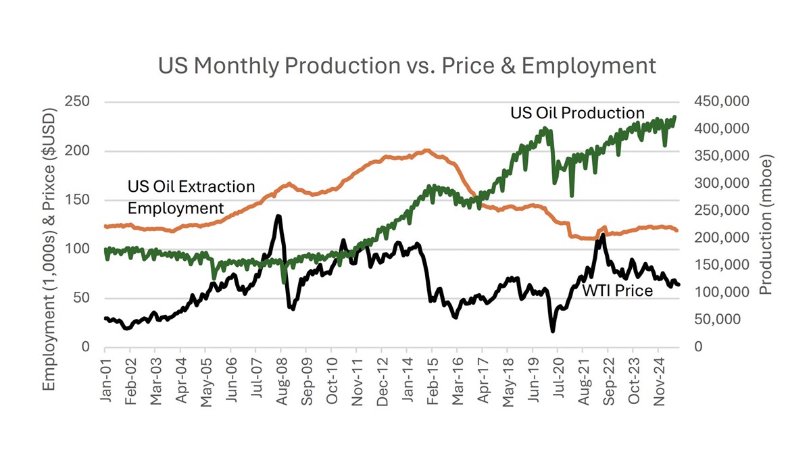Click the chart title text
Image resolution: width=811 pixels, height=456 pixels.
(x=406, y=66)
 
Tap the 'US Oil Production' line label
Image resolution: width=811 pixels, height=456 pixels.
(x=576, y=113)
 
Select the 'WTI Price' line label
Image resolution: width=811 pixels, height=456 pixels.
(x=618, y=291)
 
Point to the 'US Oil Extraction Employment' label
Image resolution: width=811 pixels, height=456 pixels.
(x=191, y=197)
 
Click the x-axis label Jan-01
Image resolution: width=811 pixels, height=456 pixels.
(x=105, y=380)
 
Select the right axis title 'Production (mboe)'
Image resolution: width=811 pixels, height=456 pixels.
(x=766, y=224)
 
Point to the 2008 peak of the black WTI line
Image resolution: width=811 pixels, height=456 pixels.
(x=278, y=216)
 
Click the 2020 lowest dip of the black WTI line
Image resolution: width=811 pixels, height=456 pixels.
(x=553, y=331)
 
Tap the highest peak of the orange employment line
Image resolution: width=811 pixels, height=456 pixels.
(x=427, y=150)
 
